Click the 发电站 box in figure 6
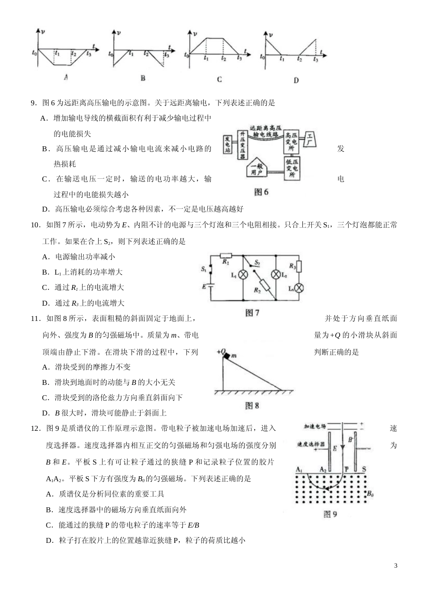coord(228,144)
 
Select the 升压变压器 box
coord(242,145)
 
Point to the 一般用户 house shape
coord(257,169)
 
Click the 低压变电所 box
coord(291,168)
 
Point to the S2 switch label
coord(257,262)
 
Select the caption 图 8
coord(252,406)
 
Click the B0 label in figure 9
coord(370,494)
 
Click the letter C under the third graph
coord(219,79)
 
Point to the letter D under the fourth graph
coord(296,81)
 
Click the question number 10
coord(36,225)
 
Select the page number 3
coord(396,565)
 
